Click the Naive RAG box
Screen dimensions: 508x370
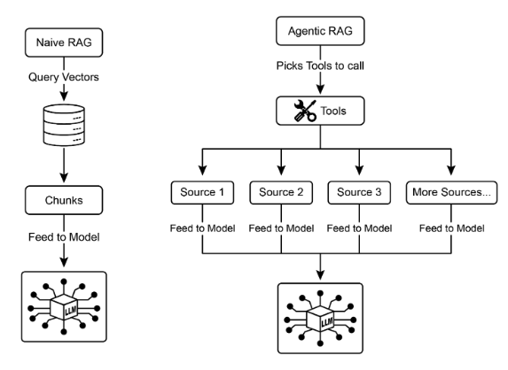[x=64, y=42]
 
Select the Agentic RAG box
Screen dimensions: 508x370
[x=320, y=31]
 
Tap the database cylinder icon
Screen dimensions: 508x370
[x=64, y=125]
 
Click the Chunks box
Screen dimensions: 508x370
[x=64, y=200]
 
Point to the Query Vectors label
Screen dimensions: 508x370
[x=64, y=77]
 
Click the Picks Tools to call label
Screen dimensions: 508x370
[x=320, y=66]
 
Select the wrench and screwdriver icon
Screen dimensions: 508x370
[x=305, y=111]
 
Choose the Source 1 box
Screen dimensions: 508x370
[x=202, y=192]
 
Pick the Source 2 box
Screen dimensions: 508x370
[x=281, y=192]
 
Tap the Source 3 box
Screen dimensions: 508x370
[x=359, y=192]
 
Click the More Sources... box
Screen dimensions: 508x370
[x=451, y=192]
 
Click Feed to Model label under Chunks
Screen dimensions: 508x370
[x=64, y=237]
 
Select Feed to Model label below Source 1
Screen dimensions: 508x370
[x=202, y=228]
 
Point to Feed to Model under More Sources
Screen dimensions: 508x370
[x=451, y=228]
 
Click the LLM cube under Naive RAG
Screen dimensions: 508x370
[x=64, y=306]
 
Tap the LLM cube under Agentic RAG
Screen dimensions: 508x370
[x=320, y=319]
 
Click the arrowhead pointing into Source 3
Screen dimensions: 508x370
[x=359, y=170]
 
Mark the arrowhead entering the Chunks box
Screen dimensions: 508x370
[x=64, y=178]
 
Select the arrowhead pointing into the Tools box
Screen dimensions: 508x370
[x=320, y=89]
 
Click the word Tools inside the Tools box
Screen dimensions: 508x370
[x=333, y=111]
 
